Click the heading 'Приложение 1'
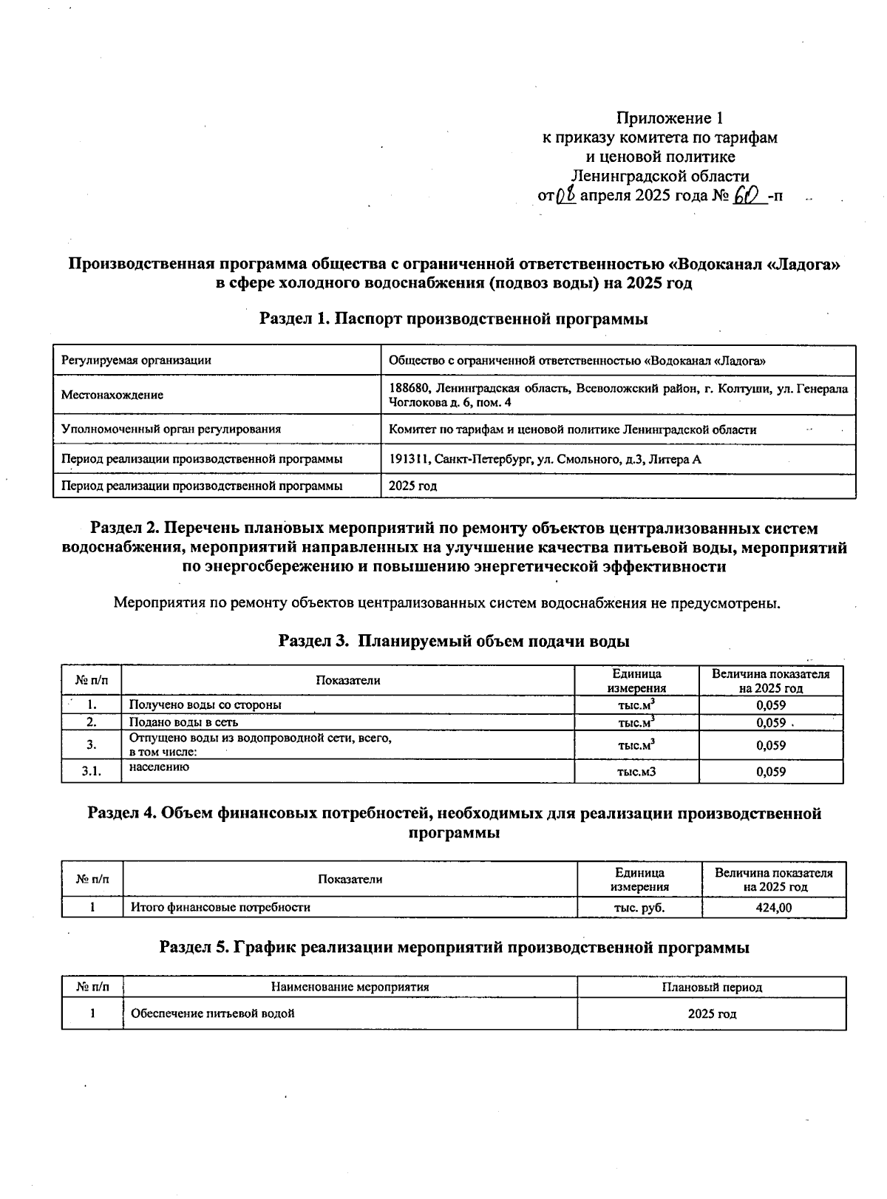pos(669,118)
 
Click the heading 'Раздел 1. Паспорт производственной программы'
pos(453,319)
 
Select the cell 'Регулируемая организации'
pos(136,361)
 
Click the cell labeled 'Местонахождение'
pos(112,395)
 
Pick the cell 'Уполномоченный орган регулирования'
pos(171,429)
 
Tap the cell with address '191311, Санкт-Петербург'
pos(545,460)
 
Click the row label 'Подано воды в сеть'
pos(183,723)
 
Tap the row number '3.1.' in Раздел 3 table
pos(91,772)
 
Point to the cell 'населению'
pos(159,767)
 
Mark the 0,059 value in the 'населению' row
pos(770,772)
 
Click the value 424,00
pos(773,908)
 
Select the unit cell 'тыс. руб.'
pos(639,908)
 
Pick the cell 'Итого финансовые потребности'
pos(220,907)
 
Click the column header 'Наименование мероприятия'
pos(350,988)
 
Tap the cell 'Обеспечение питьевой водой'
pos(212,1013)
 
